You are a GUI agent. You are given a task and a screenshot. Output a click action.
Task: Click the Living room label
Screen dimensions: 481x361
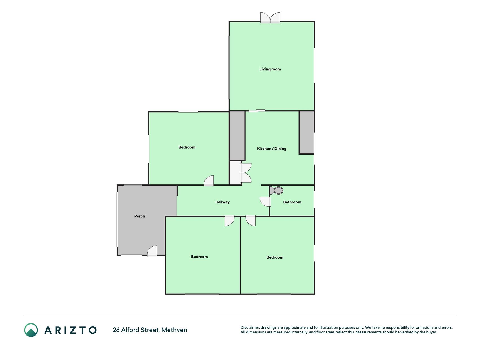point(270,69)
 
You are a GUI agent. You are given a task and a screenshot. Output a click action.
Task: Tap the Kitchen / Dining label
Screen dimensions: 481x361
point(272,149)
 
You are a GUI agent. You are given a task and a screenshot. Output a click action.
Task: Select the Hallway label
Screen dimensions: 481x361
point(222,202)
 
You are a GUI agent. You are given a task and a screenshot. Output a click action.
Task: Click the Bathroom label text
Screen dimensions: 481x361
point(292,202)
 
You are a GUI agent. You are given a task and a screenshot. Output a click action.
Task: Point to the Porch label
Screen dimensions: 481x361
point(139,216)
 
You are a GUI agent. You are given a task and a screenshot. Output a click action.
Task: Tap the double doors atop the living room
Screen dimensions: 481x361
point(270,17)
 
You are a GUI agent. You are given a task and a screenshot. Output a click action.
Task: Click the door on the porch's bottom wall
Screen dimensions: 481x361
point(152,251)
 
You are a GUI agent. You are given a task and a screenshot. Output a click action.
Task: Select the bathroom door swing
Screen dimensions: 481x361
point(265,202)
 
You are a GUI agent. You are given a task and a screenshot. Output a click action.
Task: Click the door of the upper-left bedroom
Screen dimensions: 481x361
point(209,181)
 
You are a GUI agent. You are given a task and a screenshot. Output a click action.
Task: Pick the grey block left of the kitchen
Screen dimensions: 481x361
point(237,136)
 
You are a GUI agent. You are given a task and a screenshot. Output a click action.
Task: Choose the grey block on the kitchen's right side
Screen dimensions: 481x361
point(307,132)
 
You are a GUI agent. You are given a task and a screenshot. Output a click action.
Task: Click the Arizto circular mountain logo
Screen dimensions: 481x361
point(31,330)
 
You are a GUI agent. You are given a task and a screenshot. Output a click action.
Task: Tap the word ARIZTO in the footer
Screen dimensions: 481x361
point(70,330)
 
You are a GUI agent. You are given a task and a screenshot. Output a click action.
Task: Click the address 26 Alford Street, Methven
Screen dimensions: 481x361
point(150,330)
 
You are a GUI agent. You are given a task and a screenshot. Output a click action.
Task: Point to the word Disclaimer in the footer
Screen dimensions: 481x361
point(250,327)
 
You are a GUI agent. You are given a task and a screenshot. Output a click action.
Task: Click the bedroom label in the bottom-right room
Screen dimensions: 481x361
point(275,257)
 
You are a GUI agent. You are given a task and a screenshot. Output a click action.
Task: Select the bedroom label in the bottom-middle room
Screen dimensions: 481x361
point(199,257)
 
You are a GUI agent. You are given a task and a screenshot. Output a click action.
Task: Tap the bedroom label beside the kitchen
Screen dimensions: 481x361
point(187,147)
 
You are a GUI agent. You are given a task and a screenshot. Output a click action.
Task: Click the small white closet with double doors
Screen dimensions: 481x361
point(236,173)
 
